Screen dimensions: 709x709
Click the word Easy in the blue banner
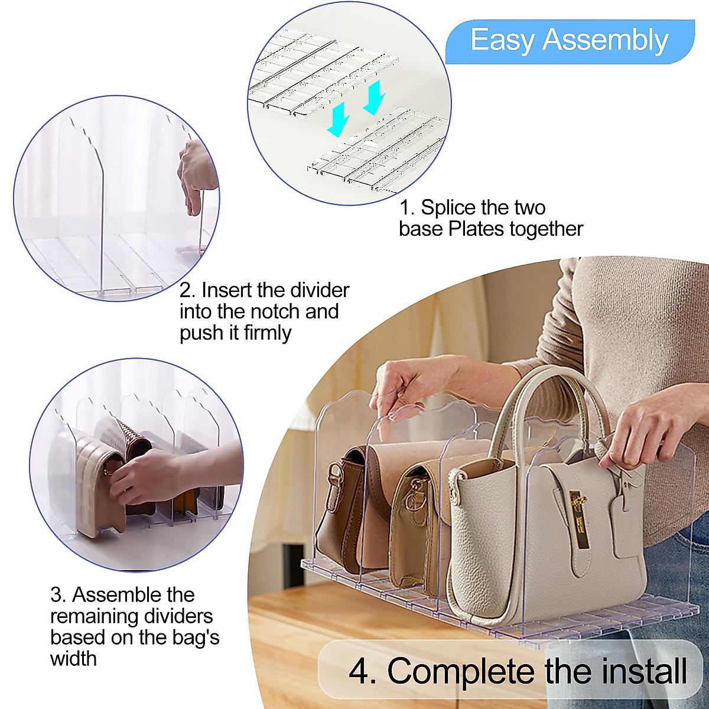[503, 41]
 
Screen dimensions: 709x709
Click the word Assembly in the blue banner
[606, 41]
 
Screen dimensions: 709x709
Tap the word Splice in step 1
[448, 207]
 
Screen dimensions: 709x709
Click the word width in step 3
[73, 658]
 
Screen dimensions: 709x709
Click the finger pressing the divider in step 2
[193, 204]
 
